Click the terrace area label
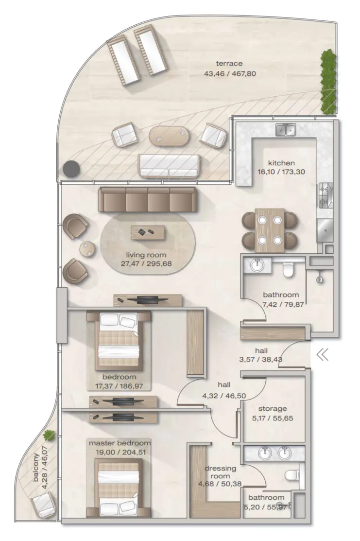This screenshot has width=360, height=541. pos(230,69)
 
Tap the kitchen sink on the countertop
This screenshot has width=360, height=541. pos(285,130)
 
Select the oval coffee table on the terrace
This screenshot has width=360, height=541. pos(168,136)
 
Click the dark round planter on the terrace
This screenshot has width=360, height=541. pos(71,169)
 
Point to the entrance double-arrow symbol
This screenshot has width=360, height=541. pos(323,355)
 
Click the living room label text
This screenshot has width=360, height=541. pos(146,260)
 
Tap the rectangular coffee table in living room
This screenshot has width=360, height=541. pos(147,232)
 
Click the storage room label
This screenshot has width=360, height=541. pos(272,413)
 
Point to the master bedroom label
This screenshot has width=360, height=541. pos(120,447)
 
